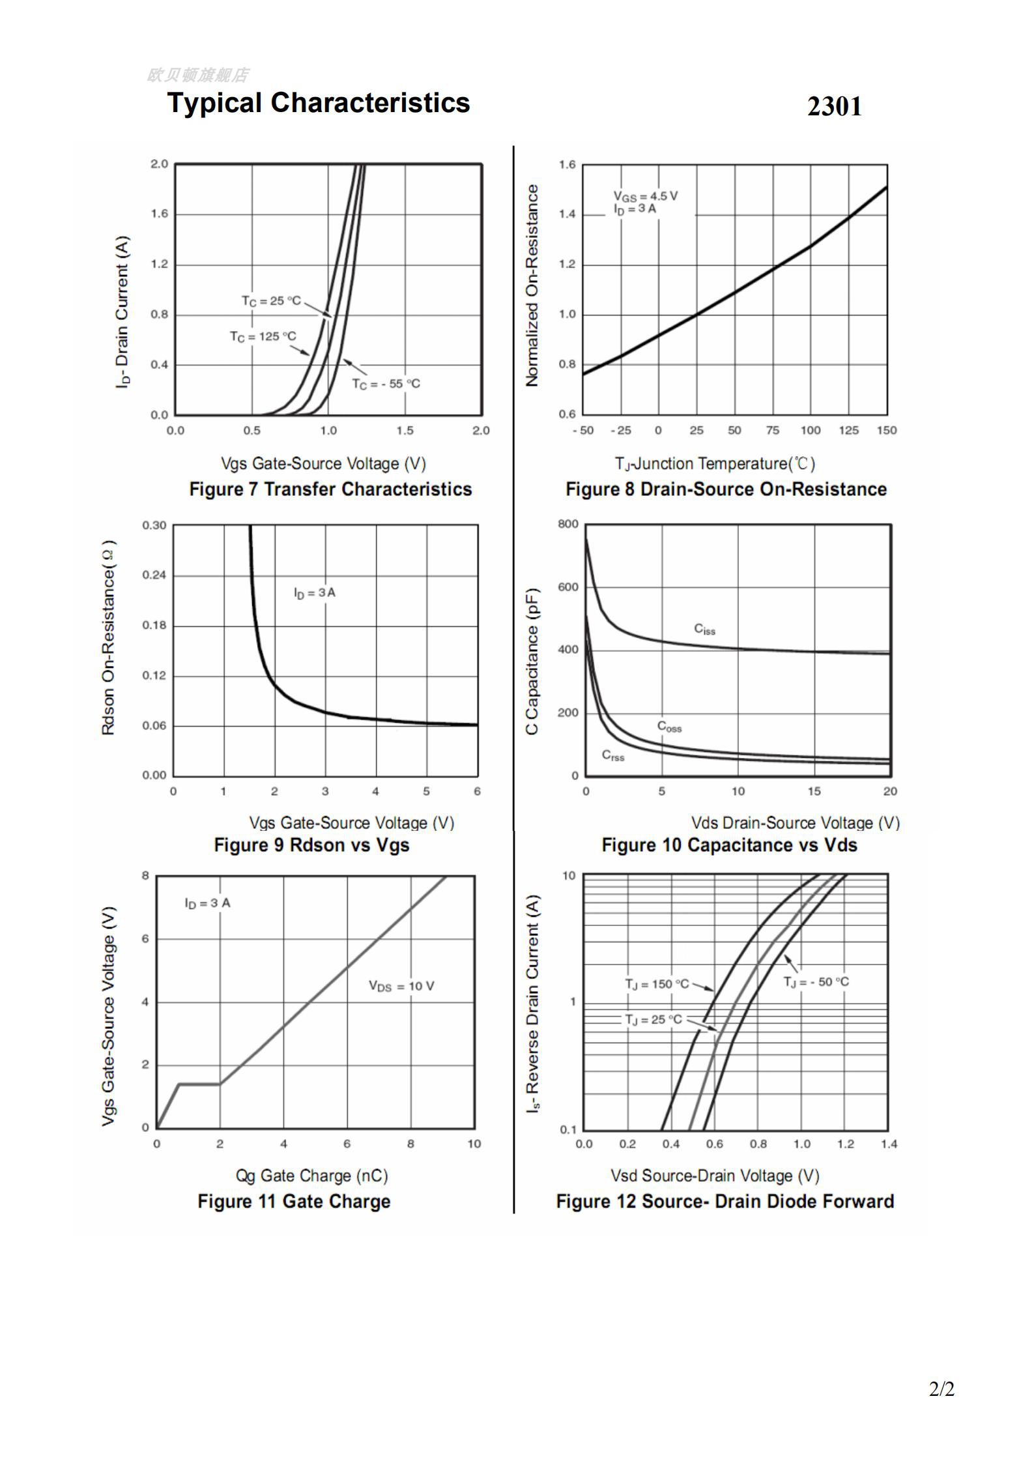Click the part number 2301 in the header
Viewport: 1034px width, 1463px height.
(834, 106)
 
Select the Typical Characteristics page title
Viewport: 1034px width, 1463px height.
(318, 103)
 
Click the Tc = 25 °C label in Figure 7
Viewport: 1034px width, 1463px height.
(271, 300)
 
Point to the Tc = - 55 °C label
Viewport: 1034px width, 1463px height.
(386, 384)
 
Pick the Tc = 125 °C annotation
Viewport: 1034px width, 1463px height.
(263, 336)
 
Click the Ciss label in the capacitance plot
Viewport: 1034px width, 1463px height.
(704, 629)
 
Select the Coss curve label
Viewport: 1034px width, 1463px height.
(669, 727)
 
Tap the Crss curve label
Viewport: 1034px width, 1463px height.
(613, 755)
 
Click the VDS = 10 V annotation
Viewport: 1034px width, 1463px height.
(401, 986)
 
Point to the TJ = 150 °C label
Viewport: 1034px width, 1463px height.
(657, 984)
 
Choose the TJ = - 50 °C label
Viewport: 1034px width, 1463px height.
(816, 982)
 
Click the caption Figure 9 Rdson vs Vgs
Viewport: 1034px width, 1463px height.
(311, 845)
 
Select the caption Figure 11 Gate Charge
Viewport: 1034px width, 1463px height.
(294, 1201)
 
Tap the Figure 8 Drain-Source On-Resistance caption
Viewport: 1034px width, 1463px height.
(726, 489)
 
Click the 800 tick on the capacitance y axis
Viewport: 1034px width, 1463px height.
(567, 524)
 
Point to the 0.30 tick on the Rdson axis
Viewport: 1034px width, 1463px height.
(154, 525)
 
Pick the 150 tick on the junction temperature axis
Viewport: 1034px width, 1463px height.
(887, 431)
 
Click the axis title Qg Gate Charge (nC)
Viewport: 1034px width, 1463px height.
(311, 1176)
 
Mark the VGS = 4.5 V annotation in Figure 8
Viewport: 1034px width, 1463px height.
(645, 196)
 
